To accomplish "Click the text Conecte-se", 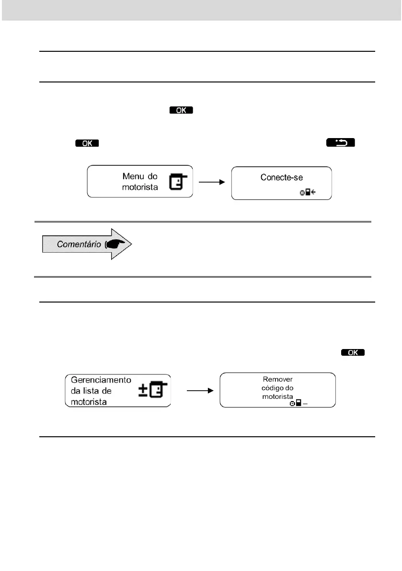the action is tap(282, 177).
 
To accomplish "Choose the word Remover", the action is tap(277, 379).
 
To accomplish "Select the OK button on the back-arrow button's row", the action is tap(86, 143).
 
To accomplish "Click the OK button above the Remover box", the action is tap(353, 352).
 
